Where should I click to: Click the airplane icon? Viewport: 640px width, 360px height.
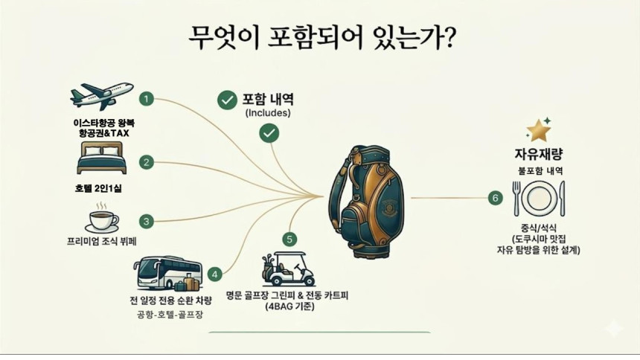tap(101, 96)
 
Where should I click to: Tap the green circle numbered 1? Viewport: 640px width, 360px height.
tap(147, 99)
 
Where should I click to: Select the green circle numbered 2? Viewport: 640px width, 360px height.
tap(147, 161)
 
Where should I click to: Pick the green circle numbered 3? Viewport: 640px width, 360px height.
tap(147, 221)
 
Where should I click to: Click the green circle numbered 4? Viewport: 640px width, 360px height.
tap(215, 274)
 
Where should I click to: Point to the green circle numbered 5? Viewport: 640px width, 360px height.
tap(289, 240)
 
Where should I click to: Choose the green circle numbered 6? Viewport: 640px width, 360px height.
tap(495, 198)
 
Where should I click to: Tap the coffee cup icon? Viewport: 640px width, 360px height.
tap(101, 220)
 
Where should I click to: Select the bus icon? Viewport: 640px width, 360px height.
tap(168, 274)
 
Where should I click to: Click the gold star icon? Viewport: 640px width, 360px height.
tap(537, 130)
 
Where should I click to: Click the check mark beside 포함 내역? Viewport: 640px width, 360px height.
tap(225, 100)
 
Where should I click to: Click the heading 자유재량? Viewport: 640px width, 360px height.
tap(538, 154)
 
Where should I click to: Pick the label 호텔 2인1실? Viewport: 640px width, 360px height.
tap(98, 188)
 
